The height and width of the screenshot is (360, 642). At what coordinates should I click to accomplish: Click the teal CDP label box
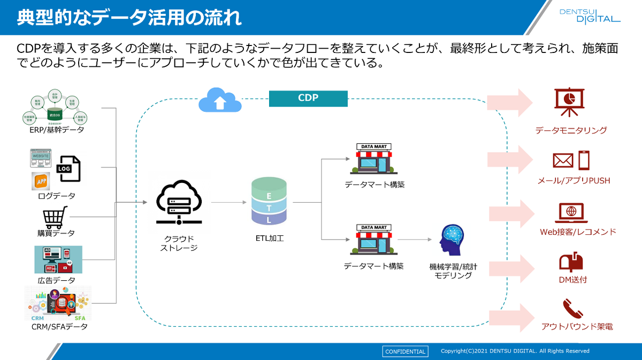point(308,98)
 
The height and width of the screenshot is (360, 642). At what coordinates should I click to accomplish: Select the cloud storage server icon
point(179,203)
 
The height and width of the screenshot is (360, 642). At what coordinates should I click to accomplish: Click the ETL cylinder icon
point(269,202)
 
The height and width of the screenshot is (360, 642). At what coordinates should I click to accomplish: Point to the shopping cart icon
point(55,218)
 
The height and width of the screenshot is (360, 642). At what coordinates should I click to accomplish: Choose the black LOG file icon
point(69,168)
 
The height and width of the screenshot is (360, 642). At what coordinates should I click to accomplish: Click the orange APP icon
point(41,181)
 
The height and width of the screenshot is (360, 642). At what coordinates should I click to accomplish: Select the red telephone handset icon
point(570,309)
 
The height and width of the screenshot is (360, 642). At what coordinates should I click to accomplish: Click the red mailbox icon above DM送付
point(570,262)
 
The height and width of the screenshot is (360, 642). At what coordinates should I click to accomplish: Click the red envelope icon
point(563,160)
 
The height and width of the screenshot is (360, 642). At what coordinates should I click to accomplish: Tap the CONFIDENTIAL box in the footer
point(405,351)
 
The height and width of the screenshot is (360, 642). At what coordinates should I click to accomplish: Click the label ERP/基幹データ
point(57,129)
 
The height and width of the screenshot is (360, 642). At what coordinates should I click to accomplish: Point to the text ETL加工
point(269,238)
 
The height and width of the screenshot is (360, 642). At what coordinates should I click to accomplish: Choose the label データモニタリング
point(571,130)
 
